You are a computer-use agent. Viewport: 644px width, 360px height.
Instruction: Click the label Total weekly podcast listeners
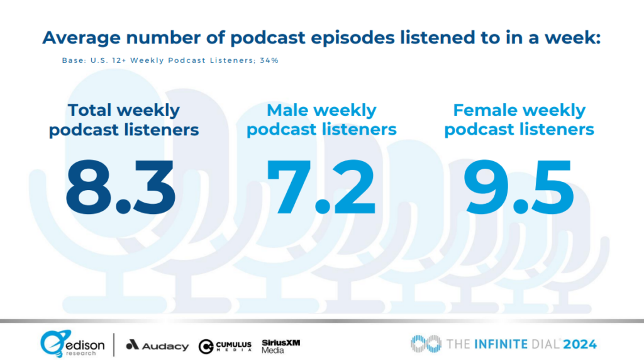coord(124,120)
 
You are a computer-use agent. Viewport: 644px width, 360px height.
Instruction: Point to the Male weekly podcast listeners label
coord(321,120)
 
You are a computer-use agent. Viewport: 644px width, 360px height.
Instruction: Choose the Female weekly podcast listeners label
coord(519,120)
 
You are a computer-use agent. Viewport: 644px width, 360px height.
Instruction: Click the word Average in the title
coord(80,37)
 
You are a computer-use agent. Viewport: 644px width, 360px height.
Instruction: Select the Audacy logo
coord(157,346)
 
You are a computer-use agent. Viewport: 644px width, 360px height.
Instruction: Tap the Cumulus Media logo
coord(225,346)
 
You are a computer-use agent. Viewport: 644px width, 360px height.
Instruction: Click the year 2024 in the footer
coord(580,344)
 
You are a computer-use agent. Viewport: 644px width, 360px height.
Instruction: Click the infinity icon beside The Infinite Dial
coord(426,344)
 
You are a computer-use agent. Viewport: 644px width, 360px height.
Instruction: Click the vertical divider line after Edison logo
coord(113,344)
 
